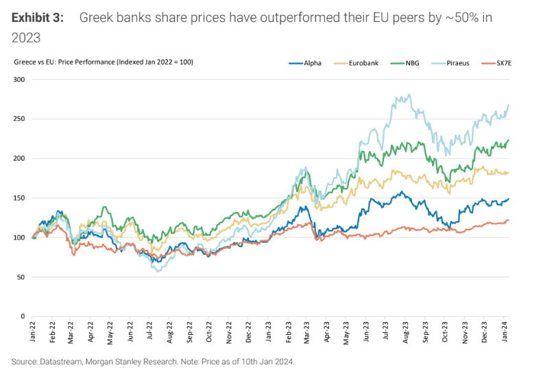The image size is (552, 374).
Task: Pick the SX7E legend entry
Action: [512, 62]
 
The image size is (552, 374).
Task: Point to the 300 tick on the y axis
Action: [19, 80]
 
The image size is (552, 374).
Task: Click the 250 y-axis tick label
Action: [19, 119]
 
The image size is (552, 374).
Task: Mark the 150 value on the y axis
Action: [19, 198]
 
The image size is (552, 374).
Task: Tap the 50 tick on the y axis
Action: [21, 277]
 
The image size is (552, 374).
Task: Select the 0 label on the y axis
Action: [23, 317]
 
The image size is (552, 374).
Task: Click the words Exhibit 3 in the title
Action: [38, 18]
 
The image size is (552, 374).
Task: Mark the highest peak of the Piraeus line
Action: [409, 95]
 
